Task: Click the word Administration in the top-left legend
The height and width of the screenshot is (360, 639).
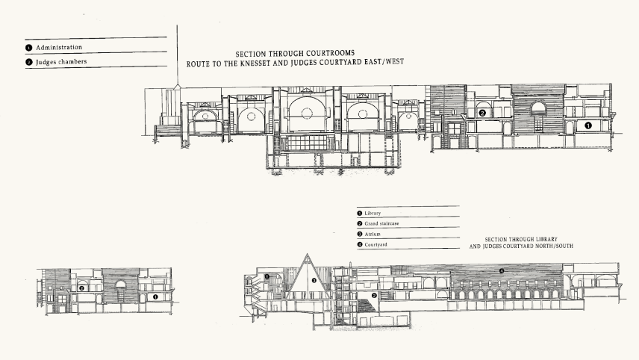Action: coord(58,47)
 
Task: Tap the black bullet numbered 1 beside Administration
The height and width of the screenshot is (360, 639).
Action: coord(28,47)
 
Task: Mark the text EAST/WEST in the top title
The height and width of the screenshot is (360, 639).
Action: coord(381,63)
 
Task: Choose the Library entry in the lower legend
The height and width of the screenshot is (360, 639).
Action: coord(373,213)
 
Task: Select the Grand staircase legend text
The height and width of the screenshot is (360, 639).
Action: coord(384,223)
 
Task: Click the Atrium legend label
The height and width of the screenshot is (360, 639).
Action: coord(373,234)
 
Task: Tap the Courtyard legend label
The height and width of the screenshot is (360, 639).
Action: coord(376,244)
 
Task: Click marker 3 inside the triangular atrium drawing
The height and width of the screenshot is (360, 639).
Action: coord(314,281)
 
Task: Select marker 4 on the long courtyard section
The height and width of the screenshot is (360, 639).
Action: coord(502,270)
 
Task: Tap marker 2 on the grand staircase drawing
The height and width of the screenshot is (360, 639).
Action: coord(373,296)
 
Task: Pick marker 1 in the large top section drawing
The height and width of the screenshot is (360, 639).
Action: coord(587,125)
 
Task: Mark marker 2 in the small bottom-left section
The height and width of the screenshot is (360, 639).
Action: coord(81,288)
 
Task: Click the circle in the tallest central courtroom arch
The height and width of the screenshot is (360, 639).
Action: coord(305,113)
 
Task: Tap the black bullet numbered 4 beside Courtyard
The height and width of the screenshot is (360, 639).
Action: coord(360,244)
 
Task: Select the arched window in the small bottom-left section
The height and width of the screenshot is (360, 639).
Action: coord(119,285)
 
